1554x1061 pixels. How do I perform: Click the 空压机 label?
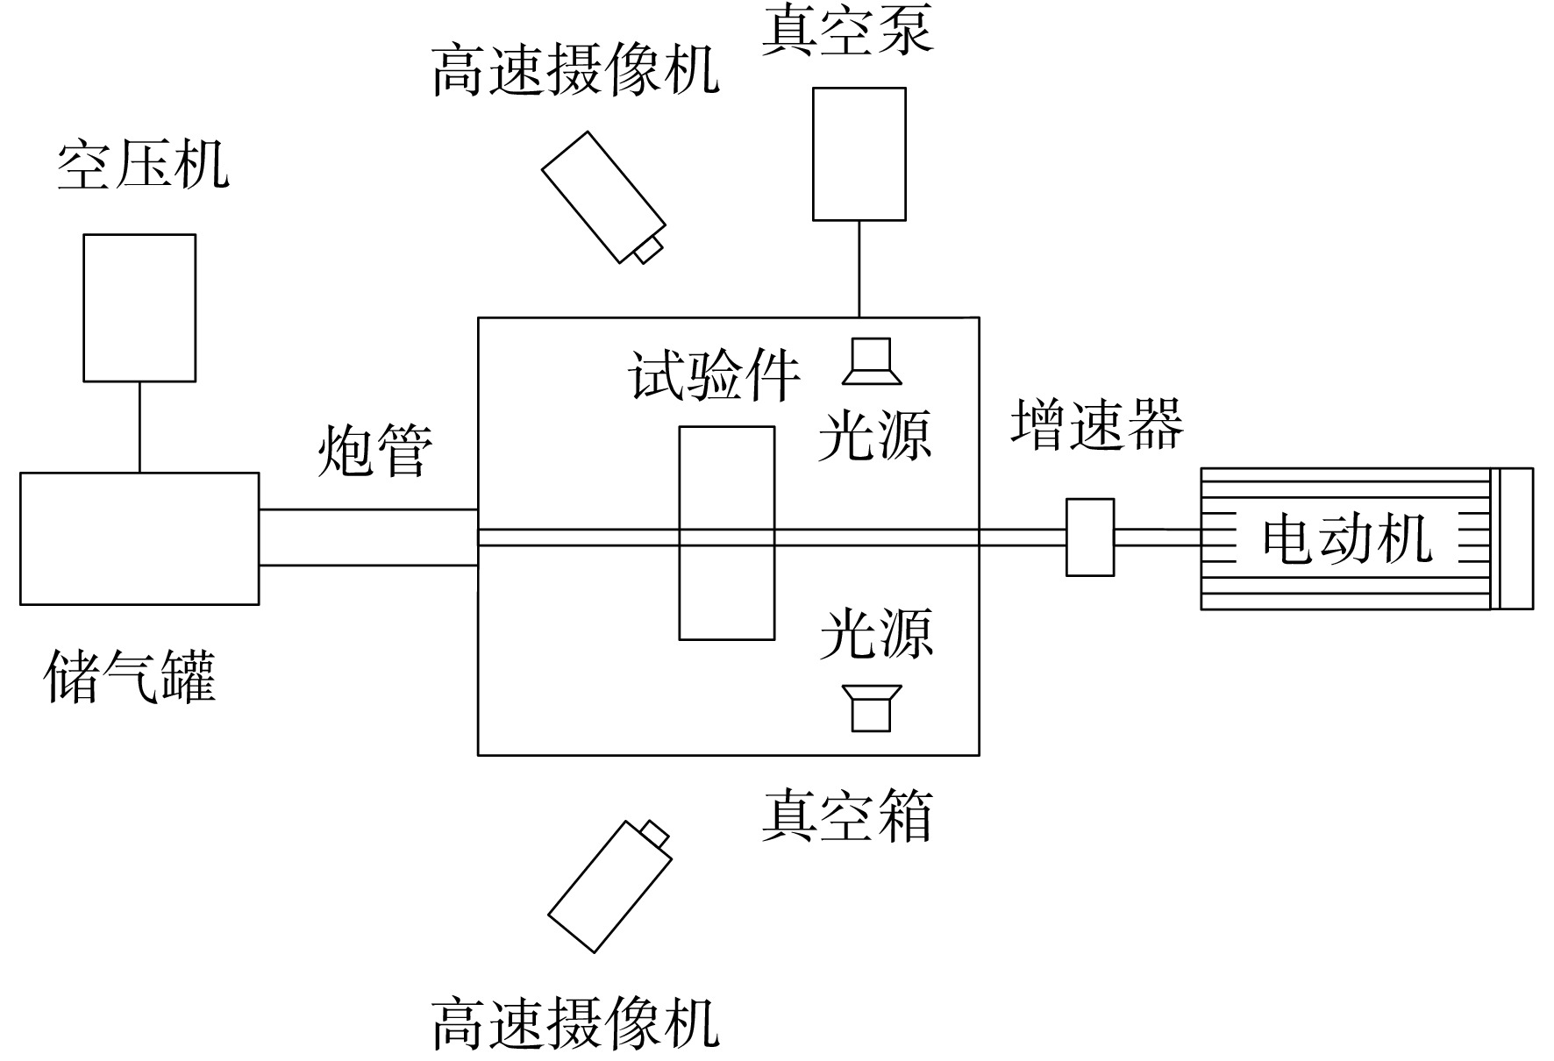(x=143, y=164)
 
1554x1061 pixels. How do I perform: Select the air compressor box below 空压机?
(x=139, y=308)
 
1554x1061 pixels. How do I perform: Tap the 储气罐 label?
(x=129, y=676)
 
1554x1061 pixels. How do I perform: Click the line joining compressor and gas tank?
(x=139, y=427)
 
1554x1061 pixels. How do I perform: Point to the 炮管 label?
(x=374, y=451)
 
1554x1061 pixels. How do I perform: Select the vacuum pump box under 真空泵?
(x=859, y=153)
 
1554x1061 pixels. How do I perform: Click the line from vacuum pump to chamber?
(x=859, y=268)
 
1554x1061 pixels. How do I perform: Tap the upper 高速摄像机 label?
(x=575, y=70)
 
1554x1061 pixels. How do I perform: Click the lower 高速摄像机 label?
(x=575, y=1023)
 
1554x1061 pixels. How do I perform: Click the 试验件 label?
(x=714, y=376)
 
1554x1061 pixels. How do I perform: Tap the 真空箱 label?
(x=847, y=815)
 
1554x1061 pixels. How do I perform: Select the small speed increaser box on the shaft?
(x=1090, y=538)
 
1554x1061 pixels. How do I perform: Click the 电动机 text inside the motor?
(x=1347, y=538)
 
